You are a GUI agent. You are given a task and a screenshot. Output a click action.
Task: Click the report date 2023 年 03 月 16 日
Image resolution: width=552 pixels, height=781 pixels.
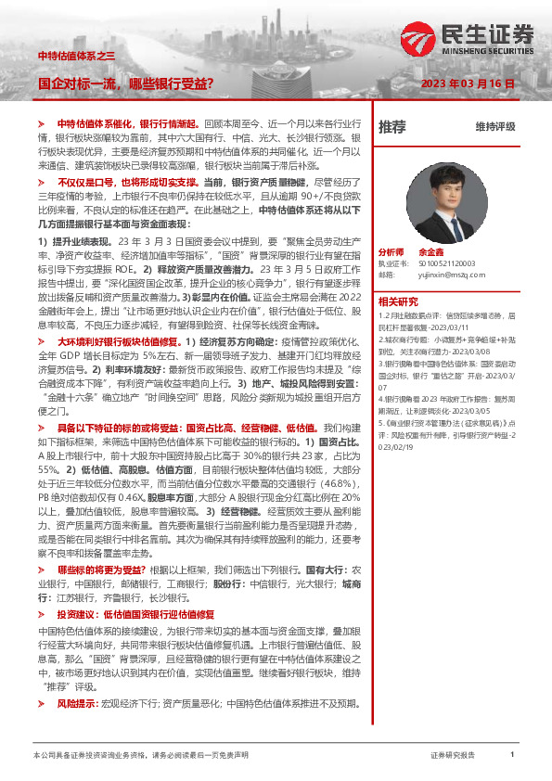468,83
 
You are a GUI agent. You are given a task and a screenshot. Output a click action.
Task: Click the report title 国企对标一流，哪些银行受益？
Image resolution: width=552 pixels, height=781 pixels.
125,83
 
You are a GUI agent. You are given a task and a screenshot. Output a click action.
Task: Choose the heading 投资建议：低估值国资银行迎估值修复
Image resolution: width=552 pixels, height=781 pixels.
135,614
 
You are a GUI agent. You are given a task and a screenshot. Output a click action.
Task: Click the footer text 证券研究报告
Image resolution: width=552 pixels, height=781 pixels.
453,756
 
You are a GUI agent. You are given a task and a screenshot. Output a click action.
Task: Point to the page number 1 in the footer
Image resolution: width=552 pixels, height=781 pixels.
512,756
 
